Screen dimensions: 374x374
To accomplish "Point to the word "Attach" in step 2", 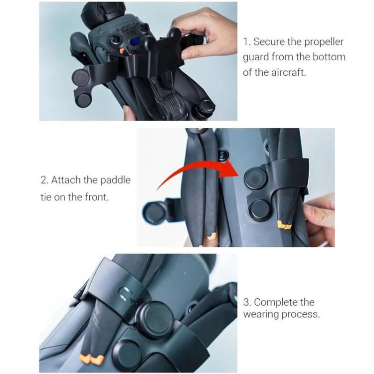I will [x=66, y=180].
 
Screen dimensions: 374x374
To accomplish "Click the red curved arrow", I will [x=194, y=170].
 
